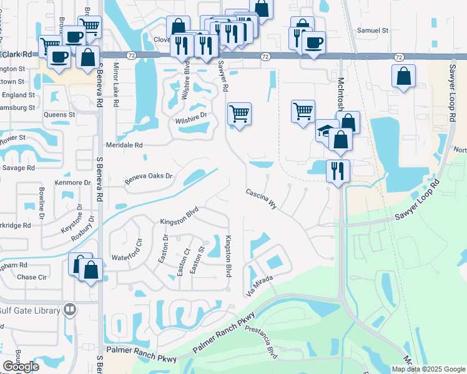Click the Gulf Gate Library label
29,310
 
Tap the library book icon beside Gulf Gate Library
70,310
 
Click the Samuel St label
372,30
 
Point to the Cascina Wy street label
261,198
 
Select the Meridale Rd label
125,145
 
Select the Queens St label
59,115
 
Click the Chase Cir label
32,277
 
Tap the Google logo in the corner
21,367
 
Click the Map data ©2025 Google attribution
428,369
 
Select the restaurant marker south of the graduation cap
338,170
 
